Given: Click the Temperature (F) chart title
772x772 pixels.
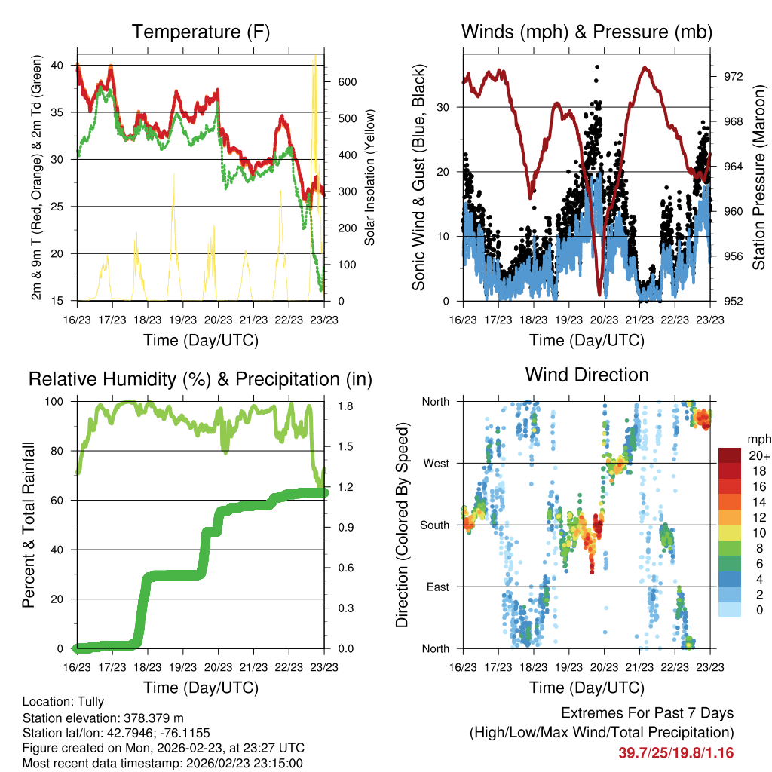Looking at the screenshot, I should (201, 32).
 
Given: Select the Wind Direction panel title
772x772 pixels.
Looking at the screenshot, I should (587, 375).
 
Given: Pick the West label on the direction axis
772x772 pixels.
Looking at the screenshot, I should (436, 463).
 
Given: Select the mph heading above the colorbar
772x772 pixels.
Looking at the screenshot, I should (758, 439).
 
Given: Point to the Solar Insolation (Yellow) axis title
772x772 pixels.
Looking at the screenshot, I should (370, 178).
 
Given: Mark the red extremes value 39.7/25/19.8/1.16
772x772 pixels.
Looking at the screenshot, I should (676, 753).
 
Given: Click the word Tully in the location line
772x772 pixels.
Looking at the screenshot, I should (90, 702).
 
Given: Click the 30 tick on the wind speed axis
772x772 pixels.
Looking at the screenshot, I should (443, 107).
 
